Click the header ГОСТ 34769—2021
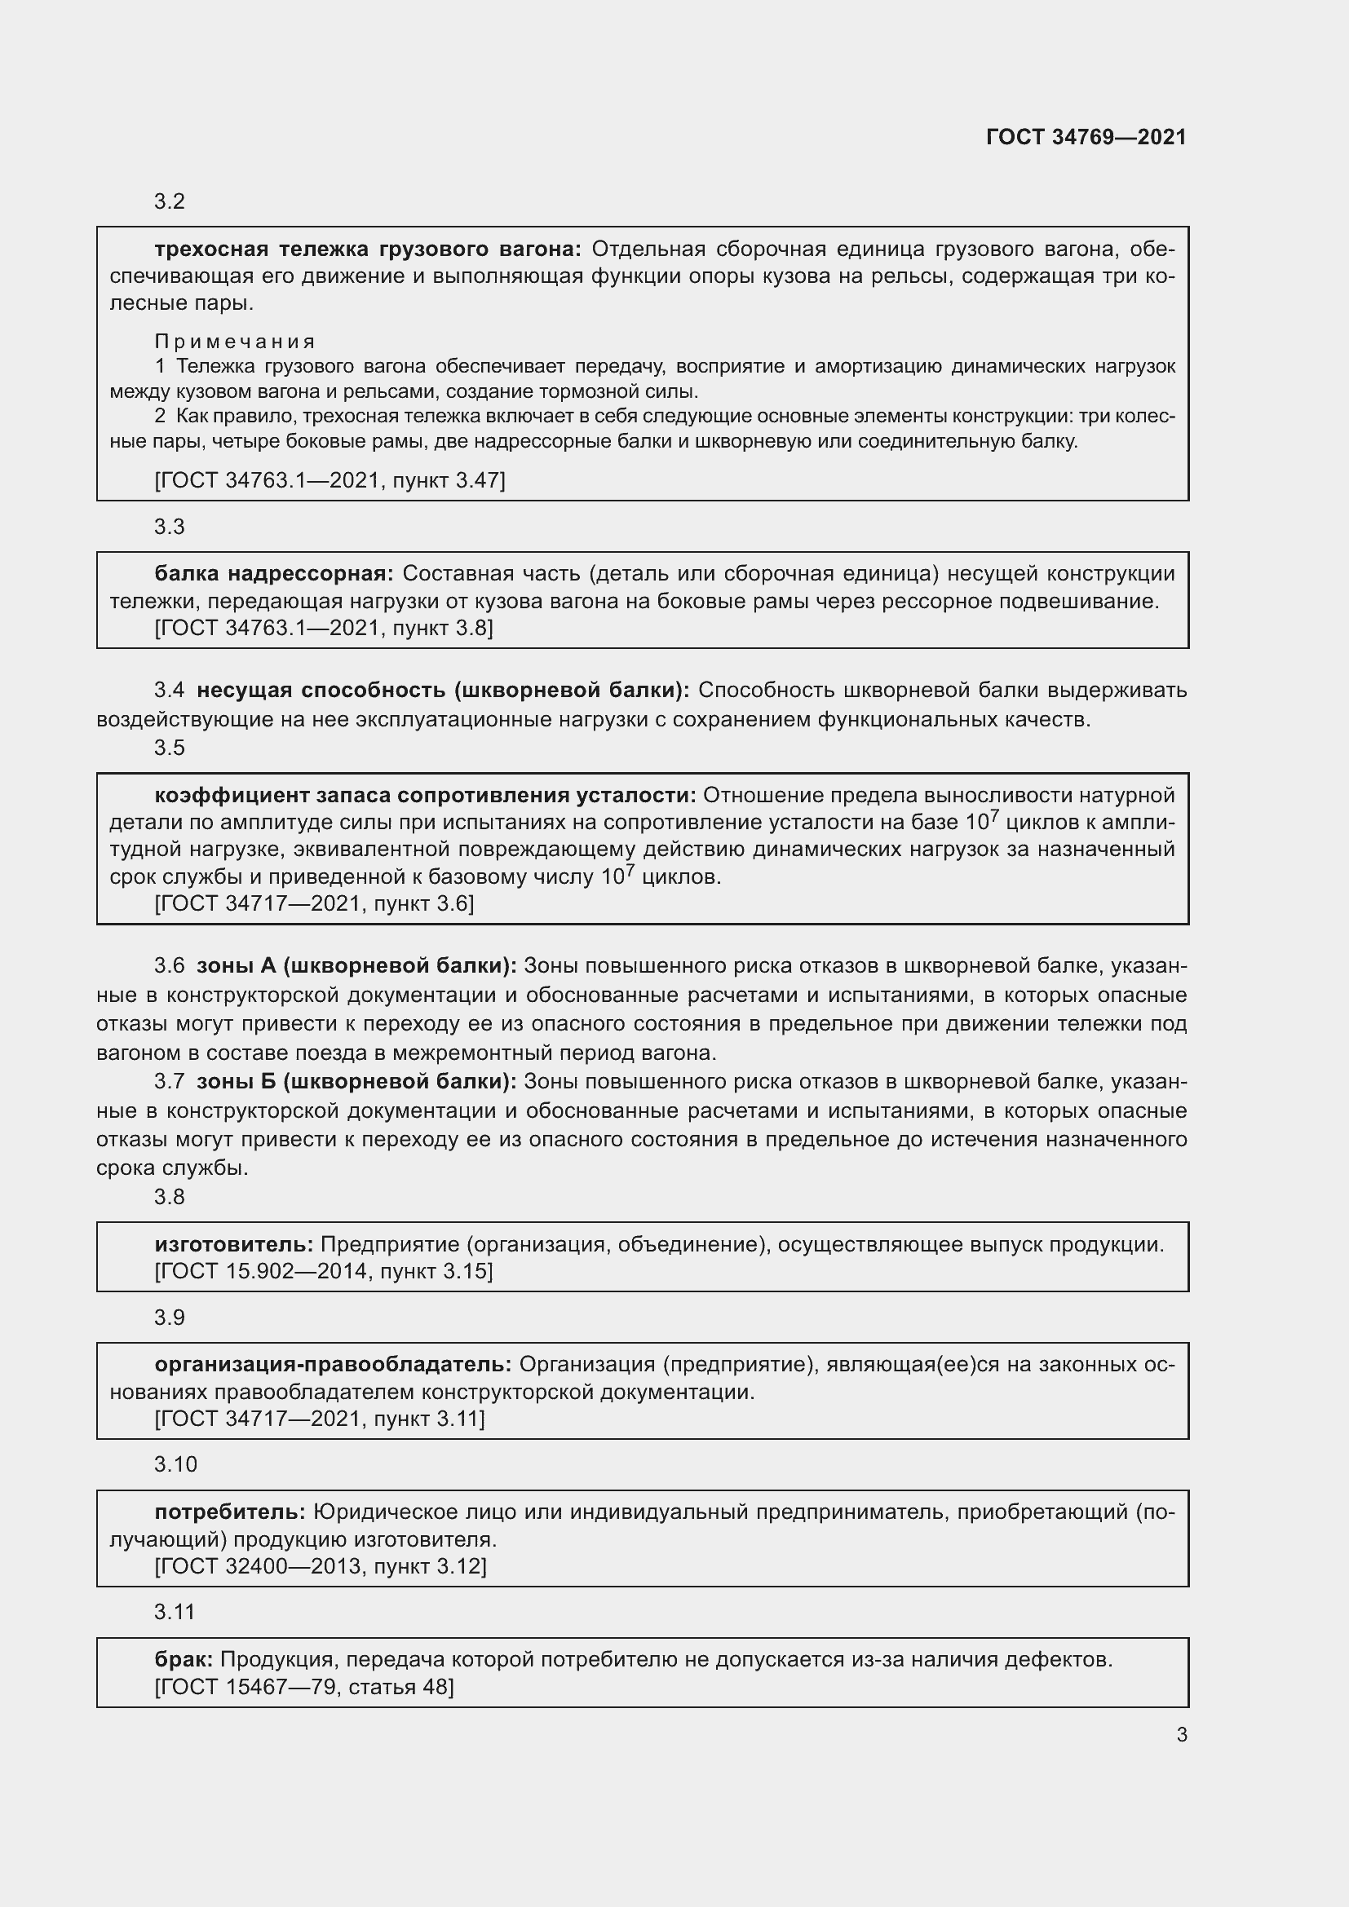pos(1086,137)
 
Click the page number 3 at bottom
pos(1181,1734)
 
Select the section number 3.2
pos(170,202)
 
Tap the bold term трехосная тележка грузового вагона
pos(368,249)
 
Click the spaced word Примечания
pos(235,342)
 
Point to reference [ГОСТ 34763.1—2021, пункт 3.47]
pos(330,480)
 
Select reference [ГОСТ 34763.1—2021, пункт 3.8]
pos(324,628)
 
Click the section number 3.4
pos(170,691)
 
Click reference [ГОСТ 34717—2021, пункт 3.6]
pos(314,903)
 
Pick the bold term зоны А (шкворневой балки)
pos(356,966)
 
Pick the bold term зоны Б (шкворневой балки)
pos(356,1081)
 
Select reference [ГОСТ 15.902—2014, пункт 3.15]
pos(324,1271)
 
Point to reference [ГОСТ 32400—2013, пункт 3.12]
pos(321,1566)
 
